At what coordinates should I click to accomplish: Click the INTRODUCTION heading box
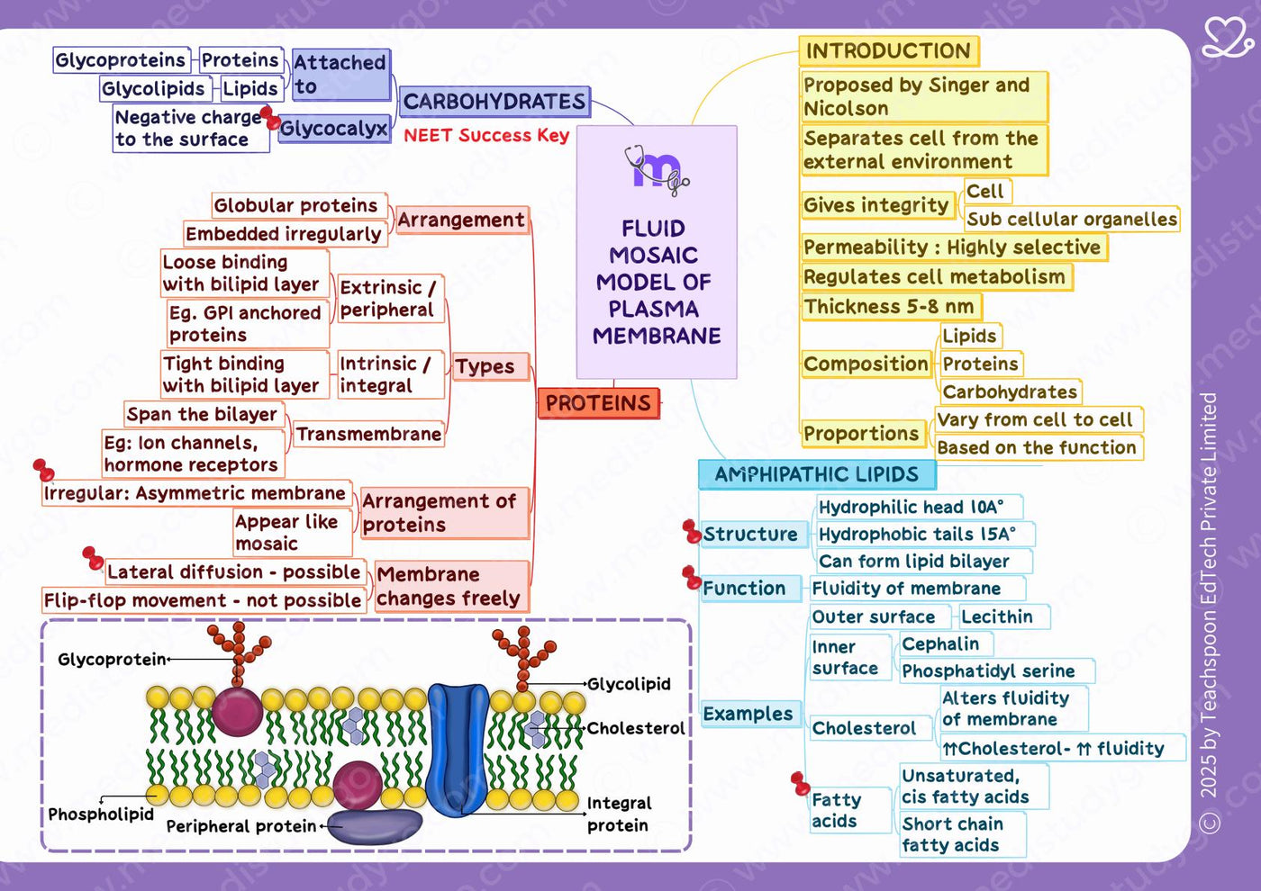(889, 51)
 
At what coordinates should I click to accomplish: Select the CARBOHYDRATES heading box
(494, 102)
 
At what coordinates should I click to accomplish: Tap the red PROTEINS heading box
(598, 403)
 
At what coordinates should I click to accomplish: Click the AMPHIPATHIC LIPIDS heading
(817, 475)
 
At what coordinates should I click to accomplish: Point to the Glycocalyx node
(334, 129)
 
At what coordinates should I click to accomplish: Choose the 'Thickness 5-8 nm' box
(891, 307)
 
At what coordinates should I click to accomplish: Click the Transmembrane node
(368, 434)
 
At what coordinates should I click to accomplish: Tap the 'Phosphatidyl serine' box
(996, 670)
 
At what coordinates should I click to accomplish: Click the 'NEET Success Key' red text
(486, 136)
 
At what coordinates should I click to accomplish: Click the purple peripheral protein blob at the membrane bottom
(375, 826)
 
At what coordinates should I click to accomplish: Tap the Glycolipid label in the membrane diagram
(629, 684)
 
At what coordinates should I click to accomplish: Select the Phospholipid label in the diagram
(101, 814)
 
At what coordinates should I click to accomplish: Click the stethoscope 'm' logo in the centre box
(657, 170)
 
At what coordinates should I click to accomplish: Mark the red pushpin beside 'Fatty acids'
(800, 784)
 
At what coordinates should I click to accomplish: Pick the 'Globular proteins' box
(299, 206)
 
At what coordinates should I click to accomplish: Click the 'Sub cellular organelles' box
(1071, 219)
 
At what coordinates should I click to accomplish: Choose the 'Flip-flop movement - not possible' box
(204, 600)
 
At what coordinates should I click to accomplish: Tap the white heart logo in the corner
(1227, 37)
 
